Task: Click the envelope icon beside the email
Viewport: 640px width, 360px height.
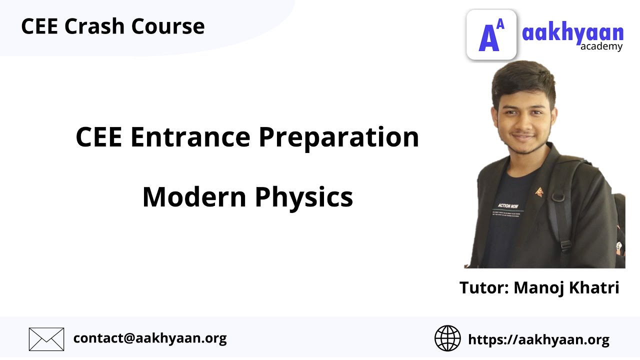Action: pyautogui.click(x=46, y=339)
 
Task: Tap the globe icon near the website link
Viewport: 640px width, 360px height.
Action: pyautogui.click(x=447, y=338)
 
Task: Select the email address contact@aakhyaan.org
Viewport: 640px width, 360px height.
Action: pyautogui.click(x=150, y=338)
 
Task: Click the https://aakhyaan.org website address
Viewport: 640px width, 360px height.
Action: pyautogui.click(x=538, y=340)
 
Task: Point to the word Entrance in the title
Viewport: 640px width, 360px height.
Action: pyautogui.click(x=190, y=137)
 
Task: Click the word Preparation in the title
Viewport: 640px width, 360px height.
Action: pyautogui.click(x=338, y=138)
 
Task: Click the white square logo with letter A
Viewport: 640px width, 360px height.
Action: pyautogui.click(x=491, y=34)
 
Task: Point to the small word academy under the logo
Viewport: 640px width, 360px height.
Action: pyautogui.click(x=601, y=47)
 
